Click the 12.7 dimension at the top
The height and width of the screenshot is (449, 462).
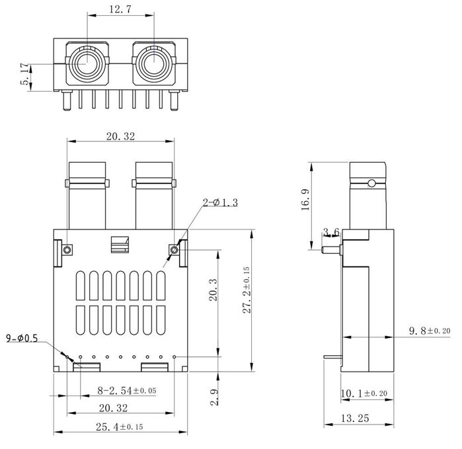(120, 10)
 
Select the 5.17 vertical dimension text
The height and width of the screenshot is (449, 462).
(25, 74)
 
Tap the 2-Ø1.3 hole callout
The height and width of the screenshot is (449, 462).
(219, 202)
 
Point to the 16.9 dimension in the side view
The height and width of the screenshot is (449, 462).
(306, 199)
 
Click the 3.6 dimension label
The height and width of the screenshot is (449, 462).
(331, 232)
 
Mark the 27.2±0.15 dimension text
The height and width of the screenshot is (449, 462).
(246, 290)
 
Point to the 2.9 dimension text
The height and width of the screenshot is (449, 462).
(213, 398)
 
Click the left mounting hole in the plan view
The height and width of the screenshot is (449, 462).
(67, 249)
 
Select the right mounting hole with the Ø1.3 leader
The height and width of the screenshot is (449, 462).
(174, 249)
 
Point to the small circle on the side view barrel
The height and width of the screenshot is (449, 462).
(372, 183)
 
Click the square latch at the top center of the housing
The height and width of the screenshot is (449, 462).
(120, 244)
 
